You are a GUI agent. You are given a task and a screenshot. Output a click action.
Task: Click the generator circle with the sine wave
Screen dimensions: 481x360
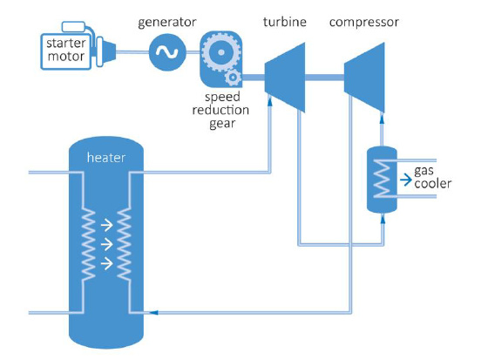pos(167,52)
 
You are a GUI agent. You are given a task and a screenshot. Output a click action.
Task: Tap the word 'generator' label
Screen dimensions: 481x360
pos(167,23)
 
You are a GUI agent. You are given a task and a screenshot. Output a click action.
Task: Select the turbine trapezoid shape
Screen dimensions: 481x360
pos(285,78)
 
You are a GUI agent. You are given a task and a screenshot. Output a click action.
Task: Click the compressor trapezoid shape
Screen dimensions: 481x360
pos(364,78)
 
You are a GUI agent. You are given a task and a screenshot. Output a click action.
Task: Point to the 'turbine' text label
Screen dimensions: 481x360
pos(285,22)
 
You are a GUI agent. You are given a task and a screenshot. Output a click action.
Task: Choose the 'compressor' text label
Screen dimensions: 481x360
pos(364,23)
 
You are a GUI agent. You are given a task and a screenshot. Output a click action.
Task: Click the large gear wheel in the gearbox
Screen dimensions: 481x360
pos(220,52)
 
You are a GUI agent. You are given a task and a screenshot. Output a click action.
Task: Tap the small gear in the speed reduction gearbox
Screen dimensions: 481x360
pos(233,78)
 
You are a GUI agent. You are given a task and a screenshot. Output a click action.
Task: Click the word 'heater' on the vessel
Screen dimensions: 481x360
pos(106,158)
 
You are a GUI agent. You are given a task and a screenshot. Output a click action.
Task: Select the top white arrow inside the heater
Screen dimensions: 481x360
pos(107,226)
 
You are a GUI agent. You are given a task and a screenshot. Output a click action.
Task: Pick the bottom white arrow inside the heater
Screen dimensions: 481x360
pos(107,263)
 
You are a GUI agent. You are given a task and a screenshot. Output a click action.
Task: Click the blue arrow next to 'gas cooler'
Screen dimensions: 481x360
pos(406,180)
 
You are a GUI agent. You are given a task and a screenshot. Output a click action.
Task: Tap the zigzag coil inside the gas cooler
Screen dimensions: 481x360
pos(382,179)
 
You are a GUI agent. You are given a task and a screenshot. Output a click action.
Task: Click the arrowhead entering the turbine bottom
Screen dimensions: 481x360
pos(270,102)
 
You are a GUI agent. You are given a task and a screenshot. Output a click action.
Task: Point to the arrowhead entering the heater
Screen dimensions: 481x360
pos(153,312)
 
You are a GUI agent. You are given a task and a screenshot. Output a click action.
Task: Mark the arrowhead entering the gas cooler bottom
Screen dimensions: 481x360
pos(383,219)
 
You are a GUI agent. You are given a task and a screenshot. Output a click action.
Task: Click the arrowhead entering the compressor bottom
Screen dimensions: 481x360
pos(382,119)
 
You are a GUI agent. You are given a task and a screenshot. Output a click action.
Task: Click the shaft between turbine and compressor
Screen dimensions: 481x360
pos(324,78)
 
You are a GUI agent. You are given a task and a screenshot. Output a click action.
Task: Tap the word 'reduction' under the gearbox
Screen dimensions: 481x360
pos(220,110)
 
